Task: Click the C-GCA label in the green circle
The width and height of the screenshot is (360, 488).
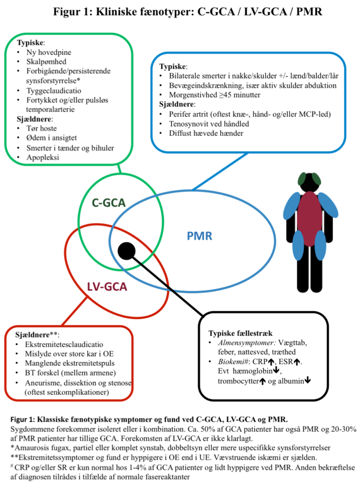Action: pos(109,203)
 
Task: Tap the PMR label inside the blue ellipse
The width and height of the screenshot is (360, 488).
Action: pos(199,236)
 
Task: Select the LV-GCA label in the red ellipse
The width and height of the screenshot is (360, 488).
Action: pos(107,286)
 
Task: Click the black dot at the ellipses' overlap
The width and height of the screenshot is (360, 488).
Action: pos(127,251)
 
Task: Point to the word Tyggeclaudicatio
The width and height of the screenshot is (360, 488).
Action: pos(54,91)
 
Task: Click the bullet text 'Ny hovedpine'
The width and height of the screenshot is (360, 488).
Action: pos(49,52)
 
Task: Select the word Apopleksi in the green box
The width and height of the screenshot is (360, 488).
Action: pos(42,157)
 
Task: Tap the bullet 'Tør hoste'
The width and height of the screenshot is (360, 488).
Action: pos(41,129)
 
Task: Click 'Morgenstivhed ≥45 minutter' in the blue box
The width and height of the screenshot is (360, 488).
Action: pos(215,95)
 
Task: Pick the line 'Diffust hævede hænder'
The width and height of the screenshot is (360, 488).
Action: pos(206,133)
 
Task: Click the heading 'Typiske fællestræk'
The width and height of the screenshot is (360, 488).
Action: pos(240,333)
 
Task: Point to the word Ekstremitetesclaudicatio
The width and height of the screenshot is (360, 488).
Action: pos(64,345)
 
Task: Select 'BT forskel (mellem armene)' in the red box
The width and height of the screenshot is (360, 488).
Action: pos(70,373)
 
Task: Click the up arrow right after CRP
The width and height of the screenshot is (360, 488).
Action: pos(271,362)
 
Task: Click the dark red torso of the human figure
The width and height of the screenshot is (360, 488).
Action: pos(310,218)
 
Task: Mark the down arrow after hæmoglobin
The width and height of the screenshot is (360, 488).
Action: pos(276,371)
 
